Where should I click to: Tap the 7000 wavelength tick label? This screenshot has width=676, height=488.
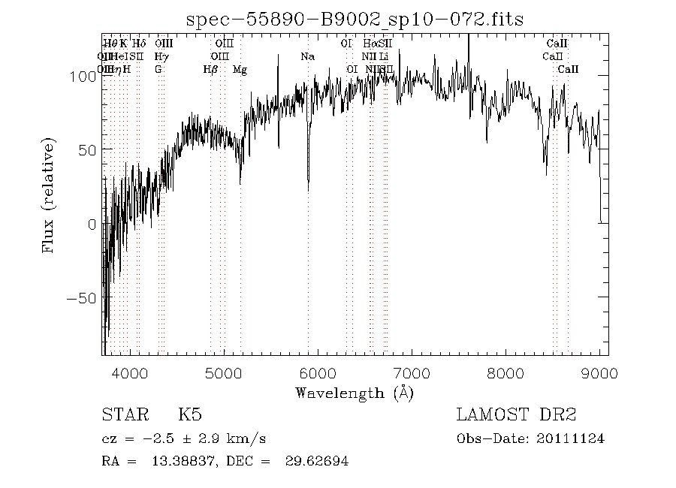coord(412,373)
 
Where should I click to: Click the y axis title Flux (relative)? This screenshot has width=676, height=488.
coord(50,195)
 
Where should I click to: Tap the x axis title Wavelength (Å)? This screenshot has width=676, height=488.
coord(355,393)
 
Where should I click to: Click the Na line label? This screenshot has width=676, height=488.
coord(307,56)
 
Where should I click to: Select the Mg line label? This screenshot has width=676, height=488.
coord(240,70)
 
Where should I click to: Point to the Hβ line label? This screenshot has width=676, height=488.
coord(211,70)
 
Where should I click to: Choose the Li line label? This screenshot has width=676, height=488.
coord(384,56)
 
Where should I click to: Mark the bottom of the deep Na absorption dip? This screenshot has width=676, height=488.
coord(308,190)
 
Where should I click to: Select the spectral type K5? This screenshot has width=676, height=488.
coord(189,415)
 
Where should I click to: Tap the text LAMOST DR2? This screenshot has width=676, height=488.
coord(516,415)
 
